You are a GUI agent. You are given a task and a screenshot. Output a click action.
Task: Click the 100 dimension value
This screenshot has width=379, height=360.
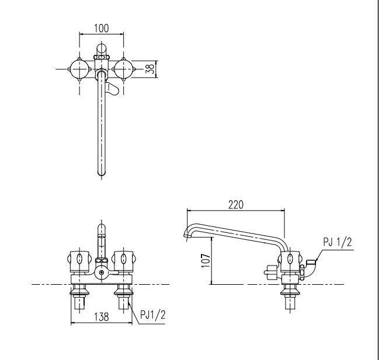tap(102, 28)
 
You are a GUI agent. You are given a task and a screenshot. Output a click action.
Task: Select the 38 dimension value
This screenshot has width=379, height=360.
tap(150, 69)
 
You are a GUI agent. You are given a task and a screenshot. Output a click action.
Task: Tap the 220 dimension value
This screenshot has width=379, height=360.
tap(236, 205)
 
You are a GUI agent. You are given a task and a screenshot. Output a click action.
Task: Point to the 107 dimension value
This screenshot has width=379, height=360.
tap(206, 260)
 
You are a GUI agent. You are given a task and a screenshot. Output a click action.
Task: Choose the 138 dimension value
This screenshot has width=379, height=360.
tap(102, 317)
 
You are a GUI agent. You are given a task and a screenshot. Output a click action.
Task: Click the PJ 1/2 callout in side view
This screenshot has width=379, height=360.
tap(338, 242)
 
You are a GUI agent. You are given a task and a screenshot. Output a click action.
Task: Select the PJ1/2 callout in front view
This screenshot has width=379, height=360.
tap(153, 315)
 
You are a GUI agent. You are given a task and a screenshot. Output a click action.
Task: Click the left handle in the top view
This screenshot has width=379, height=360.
tap(79, 69)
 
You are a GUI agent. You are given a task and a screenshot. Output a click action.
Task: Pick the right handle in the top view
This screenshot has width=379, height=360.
tap(124, 69)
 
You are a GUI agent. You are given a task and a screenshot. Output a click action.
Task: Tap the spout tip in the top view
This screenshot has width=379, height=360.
tap(102, 173)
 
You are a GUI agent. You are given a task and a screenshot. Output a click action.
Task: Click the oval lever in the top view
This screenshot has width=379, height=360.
tap(112, 88)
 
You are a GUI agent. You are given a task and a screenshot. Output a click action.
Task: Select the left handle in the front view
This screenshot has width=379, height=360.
tap(79, 261)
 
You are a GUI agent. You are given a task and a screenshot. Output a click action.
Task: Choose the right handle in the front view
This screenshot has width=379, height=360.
tap(124, 261)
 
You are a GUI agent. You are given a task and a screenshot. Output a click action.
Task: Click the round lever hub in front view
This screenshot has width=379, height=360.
tap(102, 273)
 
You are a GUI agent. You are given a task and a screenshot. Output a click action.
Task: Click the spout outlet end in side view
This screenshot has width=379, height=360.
tap(186, 235)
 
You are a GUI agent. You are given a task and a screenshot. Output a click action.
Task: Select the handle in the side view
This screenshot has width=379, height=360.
tap(290, 261)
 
